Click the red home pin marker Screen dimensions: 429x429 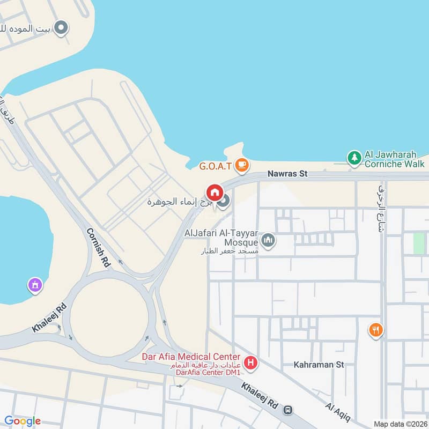point(214,193)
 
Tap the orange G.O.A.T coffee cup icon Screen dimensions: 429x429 point(242,165)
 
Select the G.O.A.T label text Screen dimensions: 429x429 point(215,166)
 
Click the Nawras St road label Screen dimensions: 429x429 point(288,174)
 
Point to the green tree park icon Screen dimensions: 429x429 point(354,158)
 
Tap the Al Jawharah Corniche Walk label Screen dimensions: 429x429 point(394,159)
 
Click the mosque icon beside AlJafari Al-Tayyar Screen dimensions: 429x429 point(269,240)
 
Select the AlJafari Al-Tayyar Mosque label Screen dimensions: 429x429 point(222,238)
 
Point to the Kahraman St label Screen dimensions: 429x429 point(319,365)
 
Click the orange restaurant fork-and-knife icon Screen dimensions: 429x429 point(376,330)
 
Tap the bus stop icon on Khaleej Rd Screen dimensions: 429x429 point(288,410)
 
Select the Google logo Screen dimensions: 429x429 point(23,421)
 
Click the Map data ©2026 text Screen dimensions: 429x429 point(400,424)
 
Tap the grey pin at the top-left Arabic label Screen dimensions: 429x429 point(62,27)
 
